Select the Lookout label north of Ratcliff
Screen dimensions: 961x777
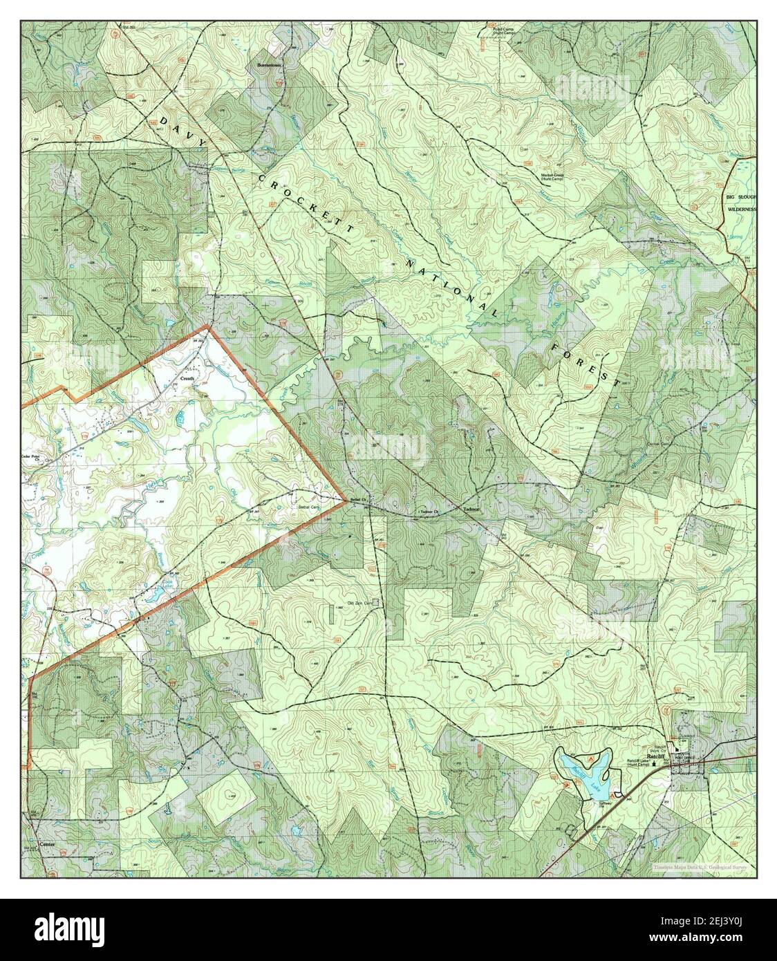(686, 737)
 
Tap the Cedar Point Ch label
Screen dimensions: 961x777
(35, 458)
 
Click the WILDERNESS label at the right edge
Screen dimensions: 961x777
(740, 208)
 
